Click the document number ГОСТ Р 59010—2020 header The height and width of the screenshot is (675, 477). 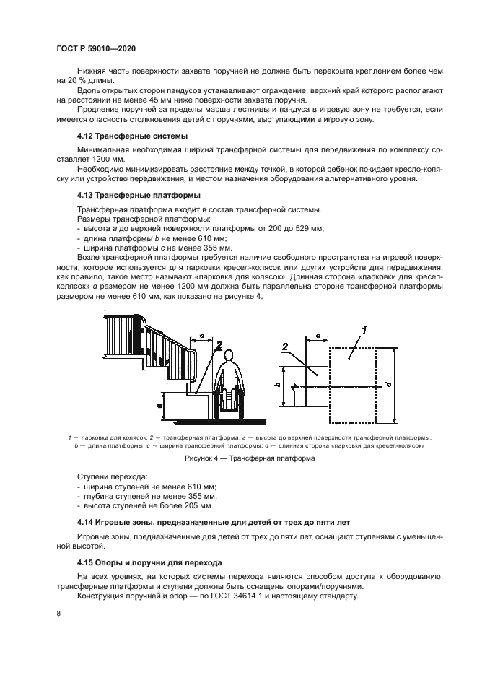point(95,48)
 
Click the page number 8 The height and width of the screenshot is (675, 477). point(58,613)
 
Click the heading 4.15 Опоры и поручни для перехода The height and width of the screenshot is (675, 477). point(149,561)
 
